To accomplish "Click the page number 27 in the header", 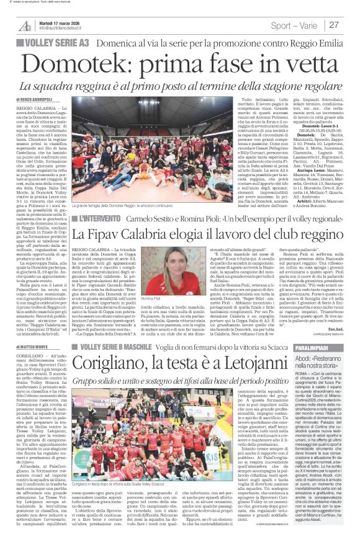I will click(334, 25).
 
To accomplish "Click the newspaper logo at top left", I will click(25, 25).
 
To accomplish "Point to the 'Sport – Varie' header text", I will click(295, 25).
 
